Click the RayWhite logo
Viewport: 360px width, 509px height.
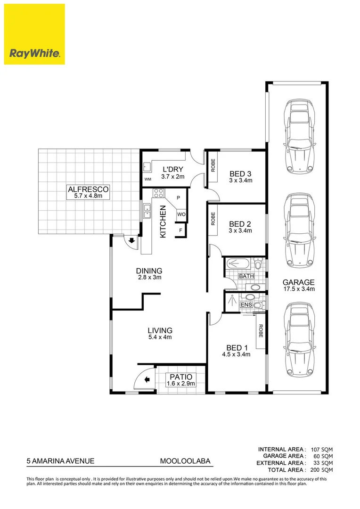[34, 34]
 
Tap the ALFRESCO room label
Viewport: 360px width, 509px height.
[89, 189]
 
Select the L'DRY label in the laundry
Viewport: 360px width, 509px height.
[173, 170]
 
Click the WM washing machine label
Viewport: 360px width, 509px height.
[147, 180]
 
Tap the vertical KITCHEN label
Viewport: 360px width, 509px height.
[163, 222]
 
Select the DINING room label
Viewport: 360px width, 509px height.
[149, 271]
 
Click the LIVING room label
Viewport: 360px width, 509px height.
[160, 330]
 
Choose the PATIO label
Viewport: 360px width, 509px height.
[180, 377]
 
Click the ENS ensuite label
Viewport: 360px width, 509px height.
[246, 305]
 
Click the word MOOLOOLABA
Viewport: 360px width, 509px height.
[184, 462]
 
